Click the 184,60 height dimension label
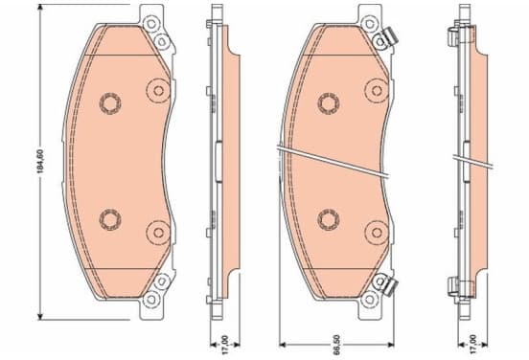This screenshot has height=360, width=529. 40,161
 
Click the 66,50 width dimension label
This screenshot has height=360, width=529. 336,345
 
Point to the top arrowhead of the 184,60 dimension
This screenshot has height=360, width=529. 40,8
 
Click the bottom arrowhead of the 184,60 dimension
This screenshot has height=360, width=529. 40,316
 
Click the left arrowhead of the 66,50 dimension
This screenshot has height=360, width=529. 283,345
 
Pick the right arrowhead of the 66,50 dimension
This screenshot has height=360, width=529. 391,345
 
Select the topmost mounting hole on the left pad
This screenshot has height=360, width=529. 150,24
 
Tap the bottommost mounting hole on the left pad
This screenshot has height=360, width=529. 150,299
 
